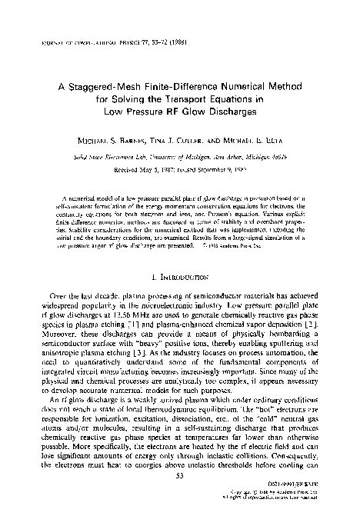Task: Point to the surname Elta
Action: coord(259,144)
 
